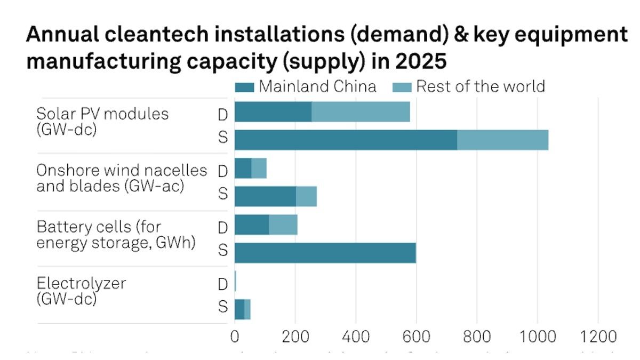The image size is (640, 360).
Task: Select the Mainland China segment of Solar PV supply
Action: pyautogui.click(x=346, y=140)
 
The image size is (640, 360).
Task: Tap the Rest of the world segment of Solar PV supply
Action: pyautogui.click(x=502, y=140)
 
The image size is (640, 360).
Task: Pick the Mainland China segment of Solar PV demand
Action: pyautogui.click(x=273, y=111)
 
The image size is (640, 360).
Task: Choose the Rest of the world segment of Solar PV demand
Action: pyautogui.click(x=361, y=111)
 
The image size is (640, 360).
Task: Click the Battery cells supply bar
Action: pyautogui.click(x=325, y=253)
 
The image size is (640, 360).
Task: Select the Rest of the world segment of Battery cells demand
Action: pyautogui.click(x=283, y=225)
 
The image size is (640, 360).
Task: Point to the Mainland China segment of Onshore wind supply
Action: pyautogui.click(x=265, y=196)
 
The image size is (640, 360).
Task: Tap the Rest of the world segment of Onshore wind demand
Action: pyautogui.click(x=259, y=169)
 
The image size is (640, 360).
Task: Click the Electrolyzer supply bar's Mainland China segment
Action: pyautogui.click(x=239, y=309)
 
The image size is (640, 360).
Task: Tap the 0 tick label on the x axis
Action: pyautogui.click(x=235, y=337)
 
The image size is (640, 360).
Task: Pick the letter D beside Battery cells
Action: pyautogui.click(x=223, y=228)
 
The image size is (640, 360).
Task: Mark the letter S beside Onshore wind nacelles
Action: pyautogui.click(x=223, y=194)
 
